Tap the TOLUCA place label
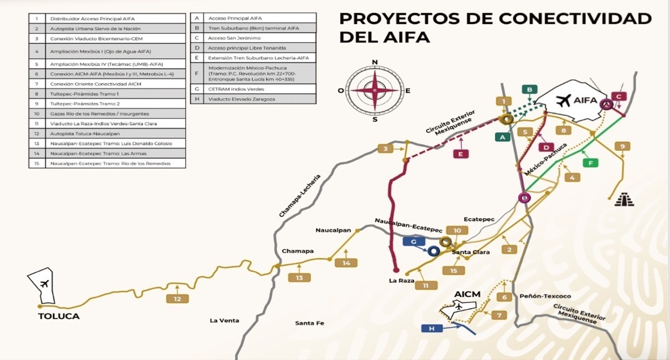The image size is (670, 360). pos(59,316)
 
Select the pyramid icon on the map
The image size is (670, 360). pos(624,199)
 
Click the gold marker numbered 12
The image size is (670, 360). pos(178,299)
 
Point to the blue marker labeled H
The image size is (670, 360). pos(432,329)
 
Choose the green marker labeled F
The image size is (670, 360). pos(591,163)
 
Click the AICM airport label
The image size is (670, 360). pos(468,294)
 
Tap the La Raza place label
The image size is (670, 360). pos(401,281)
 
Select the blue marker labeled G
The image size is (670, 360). pos(414,242)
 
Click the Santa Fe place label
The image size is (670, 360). pos(310,323)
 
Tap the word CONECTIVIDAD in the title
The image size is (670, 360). pos(563,18)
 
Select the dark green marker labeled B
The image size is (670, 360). pos(530,89)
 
